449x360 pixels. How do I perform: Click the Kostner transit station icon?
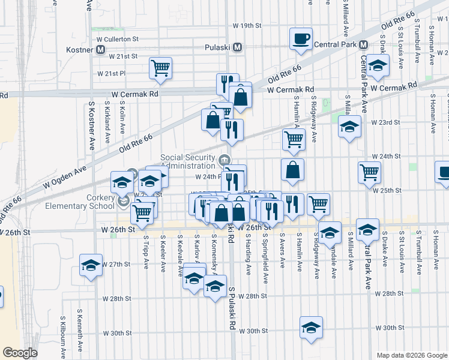101,50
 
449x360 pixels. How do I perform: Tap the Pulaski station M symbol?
238,47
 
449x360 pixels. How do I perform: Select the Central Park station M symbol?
363,44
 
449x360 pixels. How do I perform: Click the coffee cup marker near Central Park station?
301,39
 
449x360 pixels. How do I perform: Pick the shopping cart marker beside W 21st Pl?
161,68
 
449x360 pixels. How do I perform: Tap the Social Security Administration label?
187,162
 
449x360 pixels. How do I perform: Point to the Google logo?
20,353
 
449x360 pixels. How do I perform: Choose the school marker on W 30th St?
311,328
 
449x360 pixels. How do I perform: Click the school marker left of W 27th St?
91,264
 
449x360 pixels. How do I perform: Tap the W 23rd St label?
385,122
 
